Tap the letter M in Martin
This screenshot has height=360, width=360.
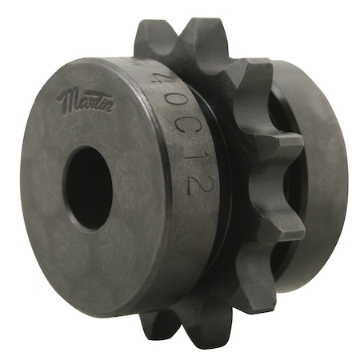click(66, 99)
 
